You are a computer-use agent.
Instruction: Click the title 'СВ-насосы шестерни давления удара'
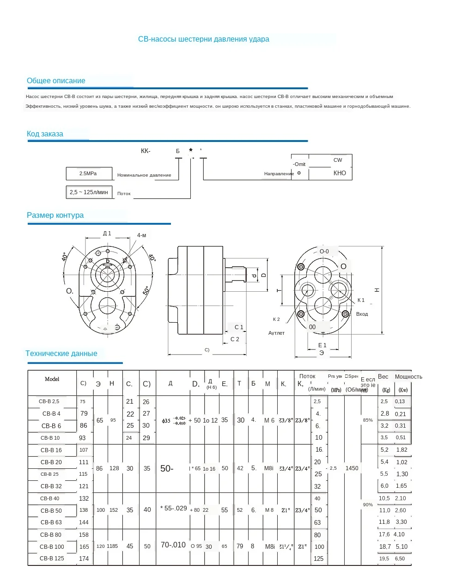tap(203, 39)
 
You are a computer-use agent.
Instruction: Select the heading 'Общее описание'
tap(56, 81)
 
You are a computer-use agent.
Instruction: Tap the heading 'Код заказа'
tap(45, 134)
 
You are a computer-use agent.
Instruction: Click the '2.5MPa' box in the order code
tap(89, 173)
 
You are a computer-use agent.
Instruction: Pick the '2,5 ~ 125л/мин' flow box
tap(89, 192)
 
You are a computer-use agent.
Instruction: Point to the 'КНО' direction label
tap(340, 173)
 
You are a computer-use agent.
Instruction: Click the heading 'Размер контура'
tap(55, 215)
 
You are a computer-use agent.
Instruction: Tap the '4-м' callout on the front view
tap(141, 235)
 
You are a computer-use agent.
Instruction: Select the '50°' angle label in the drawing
tap(146, 290)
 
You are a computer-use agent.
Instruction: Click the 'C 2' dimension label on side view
tap(235, 339)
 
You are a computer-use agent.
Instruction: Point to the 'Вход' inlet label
tap(362, 314)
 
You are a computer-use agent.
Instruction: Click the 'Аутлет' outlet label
tap(276, 333)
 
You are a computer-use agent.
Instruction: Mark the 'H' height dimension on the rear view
tap(377, 290)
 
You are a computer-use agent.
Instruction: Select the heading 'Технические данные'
tap(61, 354)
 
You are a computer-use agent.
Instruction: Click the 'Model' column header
tap(52, 379)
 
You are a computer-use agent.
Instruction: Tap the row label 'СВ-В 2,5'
tap(49, 401)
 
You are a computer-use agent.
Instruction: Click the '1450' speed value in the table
tap(352, 468)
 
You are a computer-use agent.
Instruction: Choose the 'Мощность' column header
tap(408, 377)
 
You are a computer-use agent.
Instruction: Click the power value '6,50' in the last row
tap(400, 559)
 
